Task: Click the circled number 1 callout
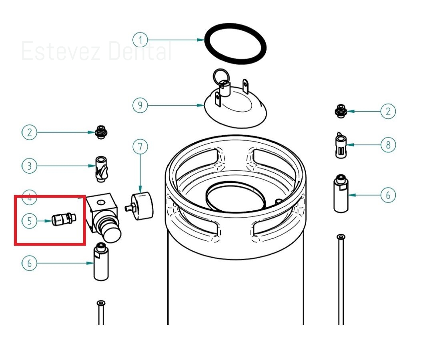coord(140,40)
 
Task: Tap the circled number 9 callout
coord(140,106)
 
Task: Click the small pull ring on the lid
coord(220,76)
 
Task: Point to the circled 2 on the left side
coord(29,132)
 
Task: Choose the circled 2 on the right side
coord(388,111)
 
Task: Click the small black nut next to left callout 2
coord(101,132)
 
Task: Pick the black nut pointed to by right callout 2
coord(340,111)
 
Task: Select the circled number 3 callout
coord(29,165)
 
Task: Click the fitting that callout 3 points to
coord(100,168)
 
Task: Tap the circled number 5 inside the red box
coord(29,220)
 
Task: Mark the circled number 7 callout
coord(140,147)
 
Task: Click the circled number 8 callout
coord(388,144)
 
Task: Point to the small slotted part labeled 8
coord(340,146)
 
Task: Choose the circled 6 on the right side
coord(388,195)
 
